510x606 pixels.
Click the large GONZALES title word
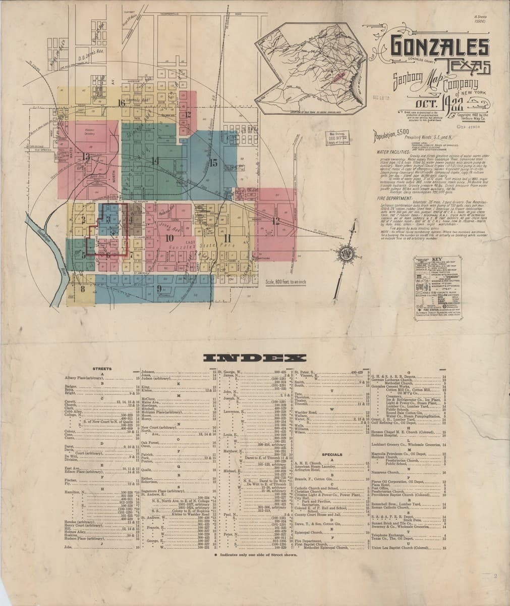pyautogui.click(x=439, y=47)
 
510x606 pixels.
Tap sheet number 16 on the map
pyautogui.click(x=121, y=103)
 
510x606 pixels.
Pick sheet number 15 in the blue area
pyautogui.click(x=213, y=163)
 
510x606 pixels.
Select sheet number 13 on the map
pyautogui.click(x=86, y=157)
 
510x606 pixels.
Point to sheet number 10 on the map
pyautogui.click(x=169, y=237)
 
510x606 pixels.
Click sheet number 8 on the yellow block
pyautogui.click(x=82, y=289)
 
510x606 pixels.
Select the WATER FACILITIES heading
pyautogui.click(x=389, y=151)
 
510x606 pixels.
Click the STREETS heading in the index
pyautogui.click(x=103, y=369)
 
